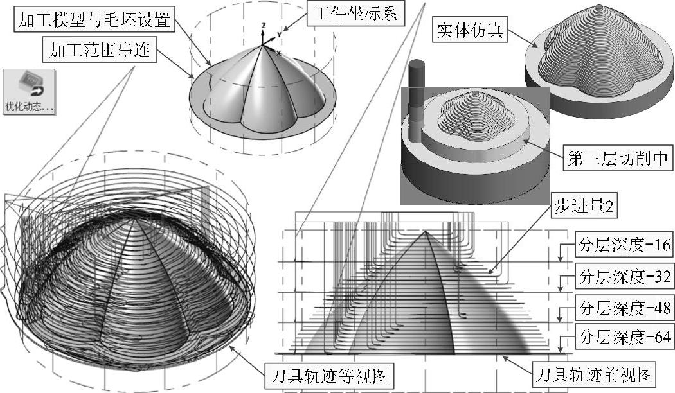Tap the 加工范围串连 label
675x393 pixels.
click(x=99, y=50)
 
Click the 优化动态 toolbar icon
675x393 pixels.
click(x=28, y=83)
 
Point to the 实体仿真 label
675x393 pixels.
click(x=471, y=30)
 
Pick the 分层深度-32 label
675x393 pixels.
click(x=615, y=277)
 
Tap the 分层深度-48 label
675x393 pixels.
click(x=615, y=307)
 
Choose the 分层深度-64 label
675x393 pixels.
click(x=615, y=336)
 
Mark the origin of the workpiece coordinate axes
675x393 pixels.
click(x=263, y=45)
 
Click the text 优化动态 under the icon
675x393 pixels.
click(x=28, y=107)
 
